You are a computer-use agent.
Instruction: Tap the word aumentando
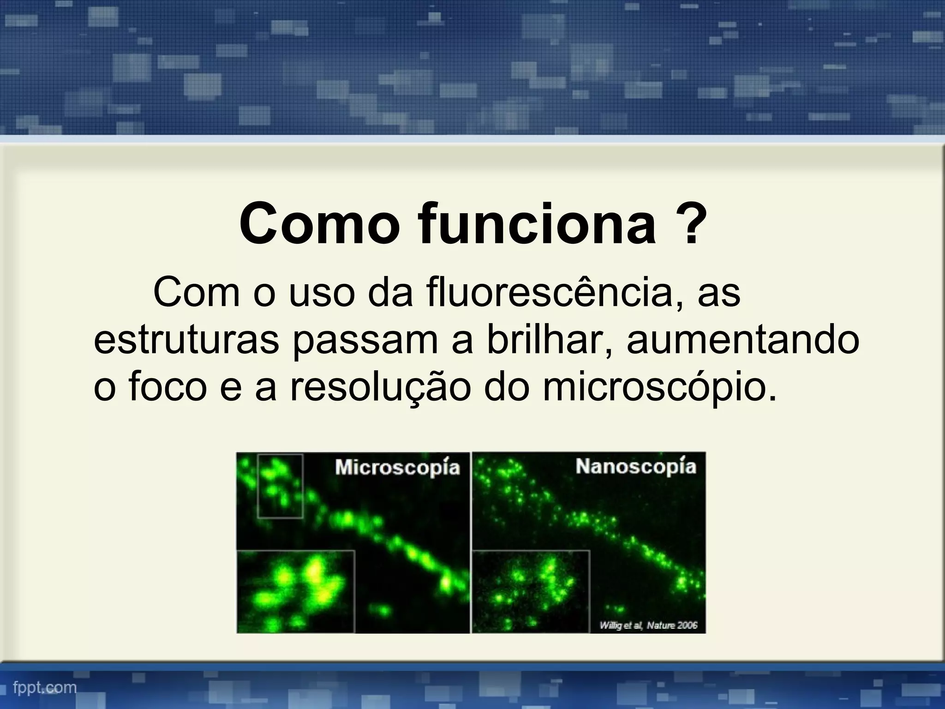coord(743,340)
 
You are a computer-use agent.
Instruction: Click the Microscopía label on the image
coord(397,468)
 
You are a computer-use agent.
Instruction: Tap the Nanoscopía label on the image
coord(635,467)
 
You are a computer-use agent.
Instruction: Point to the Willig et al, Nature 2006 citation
coord(648,625)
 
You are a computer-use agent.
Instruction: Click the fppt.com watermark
coord(45,688)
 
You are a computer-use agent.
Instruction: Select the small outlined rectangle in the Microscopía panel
coord(280,486)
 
